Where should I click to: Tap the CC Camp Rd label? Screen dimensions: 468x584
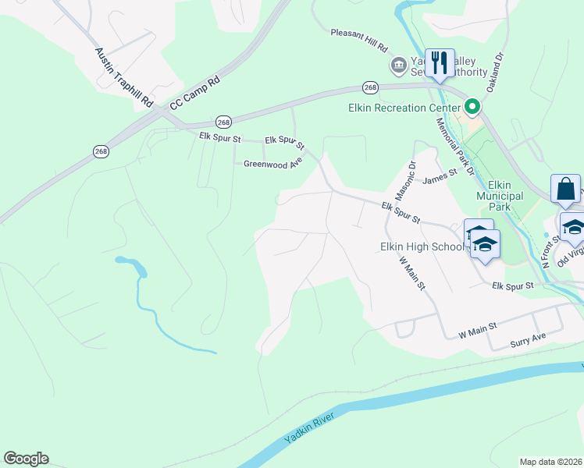click(x=195, y=91)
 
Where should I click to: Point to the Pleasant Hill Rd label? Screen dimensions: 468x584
click(x=359, y=40)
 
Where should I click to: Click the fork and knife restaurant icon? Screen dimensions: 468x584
click(x=440, y=62)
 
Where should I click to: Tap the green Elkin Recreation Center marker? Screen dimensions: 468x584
click(x=472, y=107)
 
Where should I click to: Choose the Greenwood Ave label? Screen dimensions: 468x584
click(x=272, y=164)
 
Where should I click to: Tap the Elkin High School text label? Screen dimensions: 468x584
click(x=422, y=246)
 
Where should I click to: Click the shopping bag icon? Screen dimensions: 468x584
click(x=565, y=190)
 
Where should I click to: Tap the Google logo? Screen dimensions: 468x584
click(x=26, y=459)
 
